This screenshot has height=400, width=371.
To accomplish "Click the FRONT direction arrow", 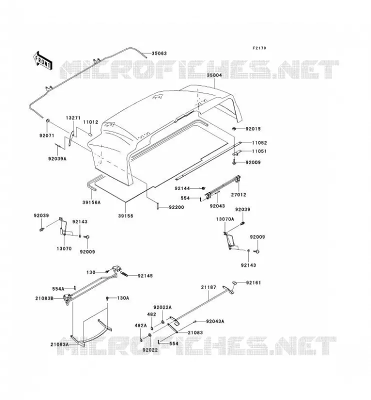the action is pyautogui.click(x=42, y=60).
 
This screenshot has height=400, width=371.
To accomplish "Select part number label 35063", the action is pyautogui.click(x=159, y=53).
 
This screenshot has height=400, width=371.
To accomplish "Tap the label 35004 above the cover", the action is pyautogui.click(x=214, y=75).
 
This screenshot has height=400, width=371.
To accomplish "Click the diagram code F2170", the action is pyautogui.click(x=259, y=48).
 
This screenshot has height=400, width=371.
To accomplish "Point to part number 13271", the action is pyautogui.click(x=73, y=118).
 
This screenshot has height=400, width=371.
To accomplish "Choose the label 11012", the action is pyautogui.click(x=90, y=122).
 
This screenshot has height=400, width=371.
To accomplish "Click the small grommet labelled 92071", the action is pyautogui.click(x=47, y=120).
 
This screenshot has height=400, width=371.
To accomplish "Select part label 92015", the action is pyautogui.click(x=253, y=129).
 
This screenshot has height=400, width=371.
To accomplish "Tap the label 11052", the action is pyautogui.click(x=259, y=143).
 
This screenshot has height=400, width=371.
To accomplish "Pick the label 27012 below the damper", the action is pyautogui.click(x=239, y=194).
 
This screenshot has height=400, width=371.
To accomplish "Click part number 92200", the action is pyautogui.click(x=176, y=207).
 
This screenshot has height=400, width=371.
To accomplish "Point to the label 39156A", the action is pyautogui.click(x=91, y=202).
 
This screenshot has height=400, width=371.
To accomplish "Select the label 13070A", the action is pyautogui.click(x=225, y=219).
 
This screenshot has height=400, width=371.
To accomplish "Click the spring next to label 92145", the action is pyautogui.click(x=124, y=274).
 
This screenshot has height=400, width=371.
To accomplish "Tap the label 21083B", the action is pyautogui.click(x=44, y=298).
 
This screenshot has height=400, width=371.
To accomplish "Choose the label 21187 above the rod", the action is pyautogui.click(x=208, y=287).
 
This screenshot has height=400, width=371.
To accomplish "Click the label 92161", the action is pyautogui.click(x=253, y=282).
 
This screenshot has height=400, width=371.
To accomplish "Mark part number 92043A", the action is pyautogui.click(x=215, y=321).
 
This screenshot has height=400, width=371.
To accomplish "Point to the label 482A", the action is pyautogui.click(x=141, y=325).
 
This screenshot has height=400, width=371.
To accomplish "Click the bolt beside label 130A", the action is pyautogui.click(x=107, y=298).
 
